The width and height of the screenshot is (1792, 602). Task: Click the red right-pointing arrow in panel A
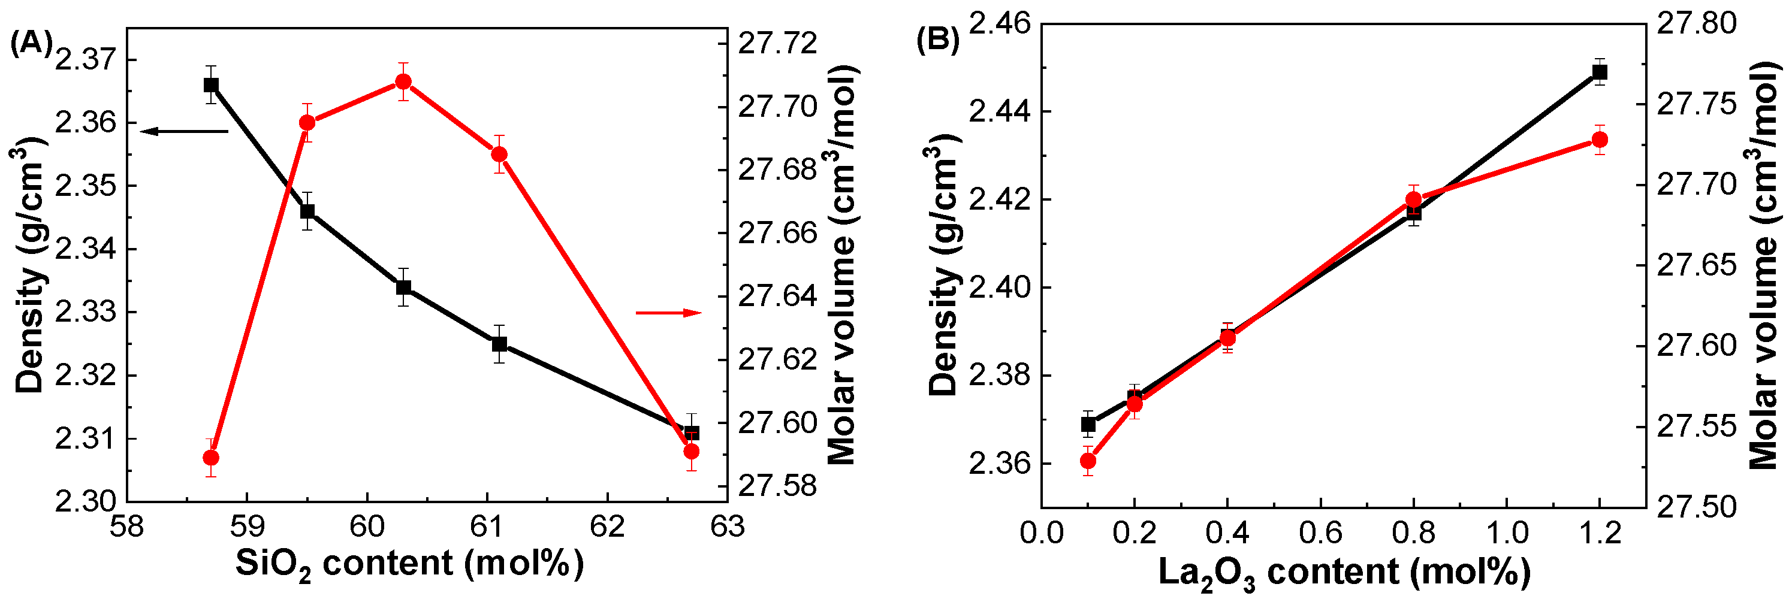(668, 313)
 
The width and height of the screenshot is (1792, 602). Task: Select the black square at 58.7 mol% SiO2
(211, 85)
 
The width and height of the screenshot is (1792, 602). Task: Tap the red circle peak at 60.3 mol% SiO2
(403, 82)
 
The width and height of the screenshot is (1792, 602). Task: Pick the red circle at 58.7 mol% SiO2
(211, 458)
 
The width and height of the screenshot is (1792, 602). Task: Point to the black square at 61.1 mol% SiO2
(499, 344)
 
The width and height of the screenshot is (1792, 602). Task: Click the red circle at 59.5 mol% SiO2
(307, 123)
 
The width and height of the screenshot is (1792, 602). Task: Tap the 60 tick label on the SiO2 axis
(367, 527)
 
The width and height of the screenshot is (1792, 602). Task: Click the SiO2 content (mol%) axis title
(409, 563)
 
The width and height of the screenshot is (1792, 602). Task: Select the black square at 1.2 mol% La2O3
(1599, 72)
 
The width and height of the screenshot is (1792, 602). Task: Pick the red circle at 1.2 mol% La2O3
(1599, 140)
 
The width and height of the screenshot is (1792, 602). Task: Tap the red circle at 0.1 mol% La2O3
(1088, 461)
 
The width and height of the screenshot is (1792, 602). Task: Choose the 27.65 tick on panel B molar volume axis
(1697, 265)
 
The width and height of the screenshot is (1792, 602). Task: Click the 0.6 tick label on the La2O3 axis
(1320, 533)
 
